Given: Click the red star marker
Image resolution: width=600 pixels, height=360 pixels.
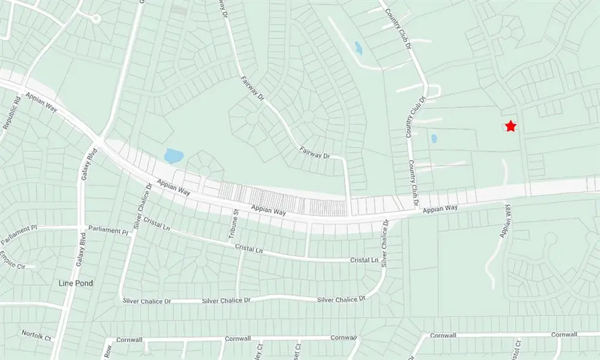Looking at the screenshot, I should point(511,126).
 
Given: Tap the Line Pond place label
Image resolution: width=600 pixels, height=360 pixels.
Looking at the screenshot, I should point(76,283).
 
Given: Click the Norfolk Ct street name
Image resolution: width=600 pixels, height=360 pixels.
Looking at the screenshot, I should point(36,335).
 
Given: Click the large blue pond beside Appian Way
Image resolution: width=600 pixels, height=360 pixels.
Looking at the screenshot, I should point(173,155).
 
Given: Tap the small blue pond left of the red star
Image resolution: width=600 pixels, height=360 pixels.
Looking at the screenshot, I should point(434,139).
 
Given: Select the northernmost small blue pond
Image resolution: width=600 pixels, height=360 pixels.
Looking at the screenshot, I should point(358,48).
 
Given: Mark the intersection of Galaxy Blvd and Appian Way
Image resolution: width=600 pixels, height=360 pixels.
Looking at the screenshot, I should point(100,142).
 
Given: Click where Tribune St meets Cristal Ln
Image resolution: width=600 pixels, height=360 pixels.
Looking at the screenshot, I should point(237,244).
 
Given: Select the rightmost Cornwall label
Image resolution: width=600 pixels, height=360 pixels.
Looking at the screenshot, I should point(565,335).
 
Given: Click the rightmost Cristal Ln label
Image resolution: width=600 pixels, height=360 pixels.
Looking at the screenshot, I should point(364,260).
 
